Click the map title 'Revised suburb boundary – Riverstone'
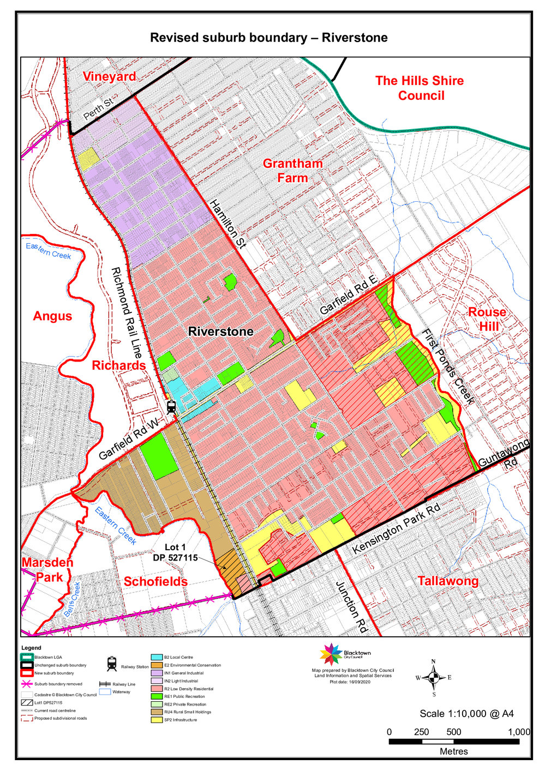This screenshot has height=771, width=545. pos(268,38)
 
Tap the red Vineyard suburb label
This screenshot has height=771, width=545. pos(109,76)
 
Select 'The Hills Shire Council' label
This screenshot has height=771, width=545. pos(420,88)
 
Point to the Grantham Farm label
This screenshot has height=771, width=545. pos(293,171)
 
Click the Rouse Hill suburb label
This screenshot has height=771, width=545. pos(487,319)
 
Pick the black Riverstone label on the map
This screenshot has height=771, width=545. pos(220,332)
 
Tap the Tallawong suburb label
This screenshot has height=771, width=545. pos(448,581)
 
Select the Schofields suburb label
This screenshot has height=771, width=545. pos(155,582)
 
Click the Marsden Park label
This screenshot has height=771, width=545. pos(47,570)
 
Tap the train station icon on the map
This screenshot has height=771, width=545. pos(171,407)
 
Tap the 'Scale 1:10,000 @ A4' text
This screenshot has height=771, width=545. pos(466,713)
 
